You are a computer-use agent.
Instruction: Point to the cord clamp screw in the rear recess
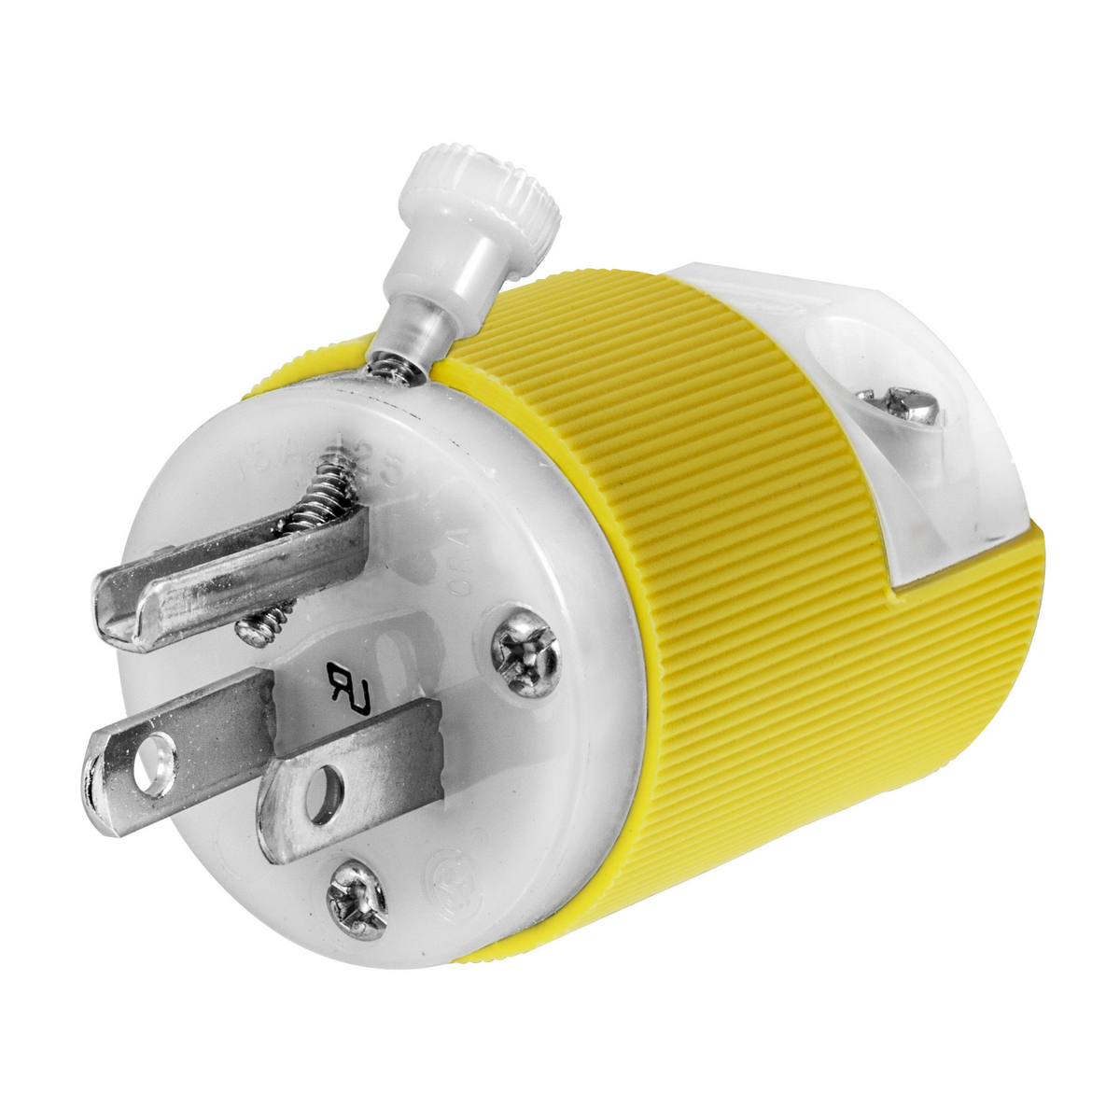click(x=912, y=400)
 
